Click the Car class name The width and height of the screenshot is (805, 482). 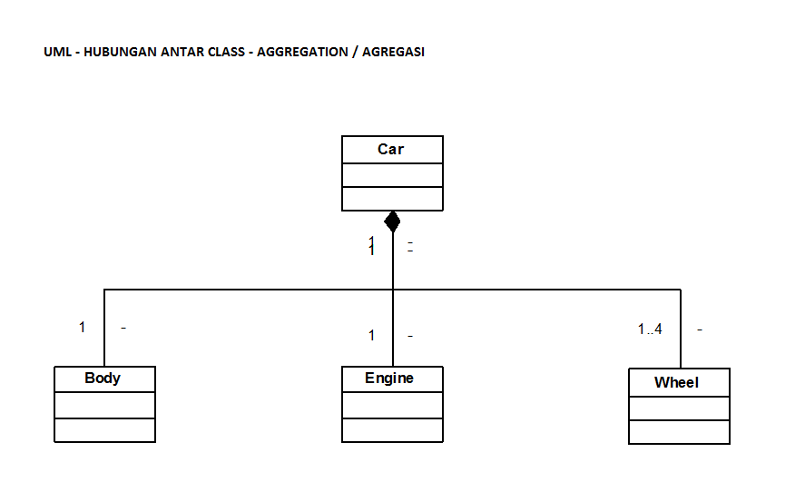pyautogui.click(x=391, y=149)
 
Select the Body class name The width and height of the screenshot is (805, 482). pyautogui.click(x=103, y=379)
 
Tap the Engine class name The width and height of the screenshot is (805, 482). pyautogui.click(x=389, y=379)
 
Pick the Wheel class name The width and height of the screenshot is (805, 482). pyautogui.click(x=677, y=382)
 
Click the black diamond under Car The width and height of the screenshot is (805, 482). pyautogui.click(x=392, y=221)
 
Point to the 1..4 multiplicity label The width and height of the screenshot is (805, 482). pyautogui.click(x=650, y=330)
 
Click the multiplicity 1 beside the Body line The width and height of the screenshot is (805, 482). pyautogui.click(x=82, y=327)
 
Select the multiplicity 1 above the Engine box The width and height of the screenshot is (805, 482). pyautogui.click(x=371, y=336)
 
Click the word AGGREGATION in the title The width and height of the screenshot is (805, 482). pyautogui.click(x=302, y=52)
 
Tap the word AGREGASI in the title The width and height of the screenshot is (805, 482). pyautogui.click(x=393, y=52)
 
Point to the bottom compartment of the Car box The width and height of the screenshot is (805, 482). pyautogui.click(x=392, y=199)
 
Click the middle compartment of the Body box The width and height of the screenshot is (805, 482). pyautogui.click(x=104, y=405)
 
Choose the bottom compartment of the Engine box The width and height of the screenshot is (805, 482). pyautogui.click(x=392, y=429)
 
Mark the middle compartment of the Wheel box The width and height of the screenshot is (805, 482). pyautogui.click(x=679, y=408)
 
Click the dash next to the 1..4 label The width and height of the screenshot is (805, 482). pyautogui.click(x=700, y=330)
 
